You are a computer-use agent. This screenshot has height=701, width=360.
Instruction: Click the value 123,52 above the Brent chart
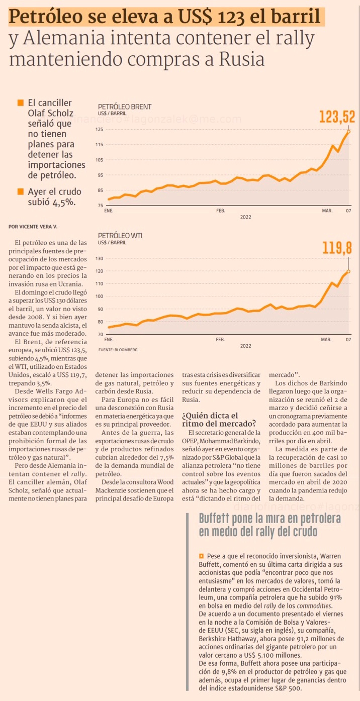pos(337,117)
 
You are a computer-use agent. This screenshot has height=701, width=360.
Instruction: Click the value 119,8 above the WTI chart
pos(337,248)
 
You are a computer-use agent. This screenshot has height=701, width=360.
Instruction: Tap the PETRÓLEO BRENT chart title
pos(125,107)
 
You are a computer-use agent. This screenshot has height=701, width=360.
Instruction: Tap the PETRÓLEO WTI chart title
pos(120,235)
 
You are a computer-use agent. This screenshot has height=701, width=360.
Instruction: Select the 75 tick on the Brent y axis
pos(100,206)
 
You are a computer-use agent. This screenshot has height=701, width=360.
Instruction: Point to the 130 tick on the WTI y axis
pos(99,258)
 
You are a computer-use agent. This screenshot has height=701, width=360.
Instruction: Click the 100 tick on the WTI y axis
pos(99,296)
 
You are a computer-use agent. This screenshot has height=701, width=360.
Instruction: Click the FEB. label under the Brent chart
pos(220,211)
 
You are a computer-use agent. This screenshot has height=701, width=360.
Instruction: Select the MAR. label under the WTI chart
pos(327,340)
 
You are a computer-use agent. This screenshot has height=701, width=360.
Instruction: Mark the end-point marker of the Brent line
pos(348,132)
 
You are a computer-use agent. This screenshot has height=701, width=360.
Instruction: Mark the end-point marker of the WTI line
pos(348,271)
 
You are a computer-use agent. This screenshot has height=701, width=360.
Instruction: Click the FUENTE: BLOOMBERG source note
pos(118,349)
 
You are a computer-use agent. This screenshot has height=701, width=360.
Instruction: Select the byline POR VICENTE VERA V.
pos(33,227)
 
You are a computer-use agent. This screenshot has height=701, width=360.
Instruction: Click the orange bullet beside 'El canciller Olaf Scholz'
pos(21,103)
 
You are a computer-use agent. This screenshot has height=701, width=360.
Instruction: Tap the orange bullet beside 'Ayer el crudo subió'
pos(21,191)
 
